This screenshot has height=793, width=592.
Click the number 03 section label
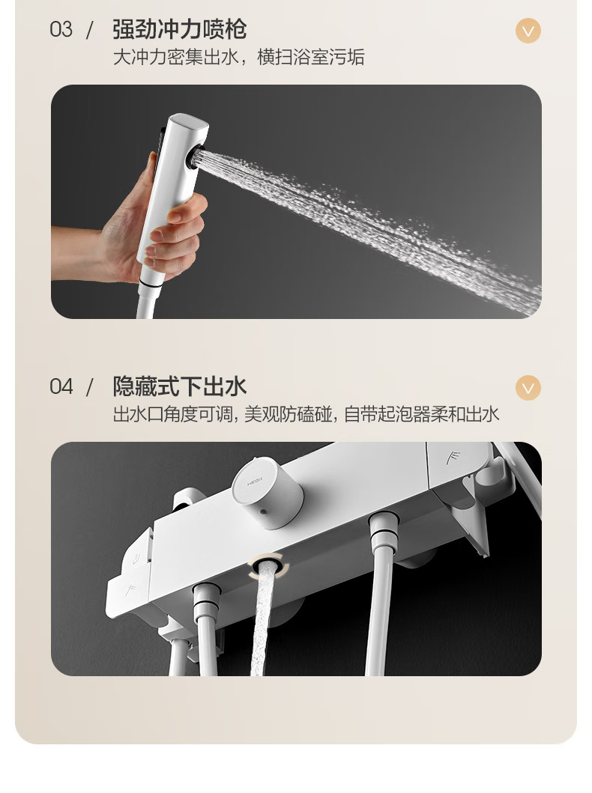point(61,30)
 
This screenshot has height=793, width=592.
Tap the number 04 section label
point(61,387)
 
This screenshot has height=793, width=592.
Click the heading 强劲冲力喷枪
point(179,30)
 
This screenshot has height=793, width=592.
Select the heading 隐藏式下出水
point(179,387)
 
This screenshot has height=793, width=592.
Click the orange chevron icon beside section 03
point(528,31)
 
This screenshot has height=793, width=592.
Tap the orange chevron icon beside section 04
point(528,388)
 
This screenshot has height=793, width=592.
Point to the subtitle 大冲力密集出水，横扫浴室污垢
point(238,57)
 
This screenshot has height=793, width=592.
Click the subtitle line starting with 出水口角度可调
point(306,414)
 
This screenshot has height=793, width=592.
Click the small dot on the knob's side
point(262,512)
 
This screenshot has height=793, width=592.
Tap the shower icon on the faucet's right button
point(453,459)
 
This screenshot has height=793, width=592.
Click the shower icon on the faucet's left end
point(131,589)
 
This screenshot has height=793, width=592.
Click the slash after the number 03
point(90,30)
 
